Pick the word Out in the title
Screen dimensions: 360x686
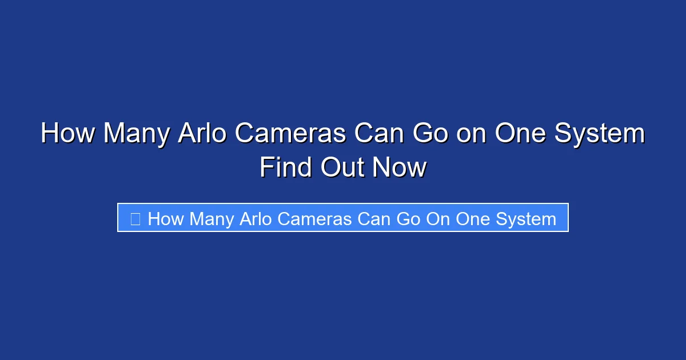click(342, 168)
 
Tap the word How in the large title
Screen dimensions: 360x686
click(67, 134)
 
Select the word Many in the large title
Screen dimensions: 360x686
click(136, 134)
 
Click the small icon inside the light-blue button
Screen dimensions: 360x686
click(135, 219)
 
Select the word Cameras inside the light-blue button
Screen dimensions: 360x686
click(313, 219)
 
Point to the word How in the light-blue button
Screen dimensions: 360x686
click(166, 219)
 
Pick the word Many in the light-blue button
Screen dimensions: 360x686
click(211, 219)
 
